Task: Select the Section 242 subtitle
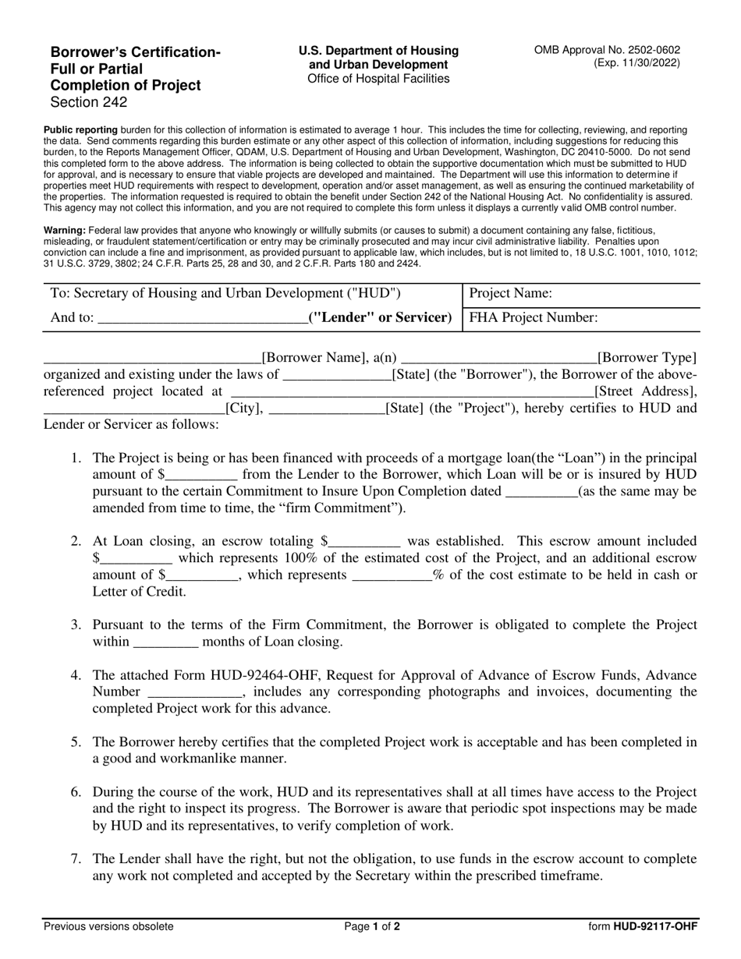tap(88, 102)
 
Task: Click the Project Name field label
tap(511, 293)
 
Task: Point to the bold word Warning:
tap(65, 231)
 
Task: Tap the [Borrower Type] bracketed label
tap(647, 358)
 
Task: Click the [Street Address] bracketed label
tap(644, 391)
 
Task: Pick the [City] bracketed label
tap(244, 408)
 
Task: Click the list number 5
tap(76, 741)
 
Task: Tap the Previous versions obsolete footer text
tap(108, 927)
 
